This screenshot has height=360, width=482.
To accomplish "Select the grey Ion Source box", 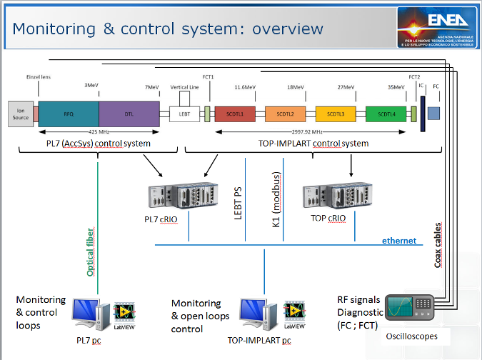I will pyautogui.click(x=20, y=114).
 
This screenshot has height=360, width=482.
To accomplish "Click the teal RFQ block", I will pyautogui.click(x=69, y=114).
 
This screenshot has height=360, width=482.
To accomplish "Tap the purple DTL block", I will pyautogui.click(x=129, y=114).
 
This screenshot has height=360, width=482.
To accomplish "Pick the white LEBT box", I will pyautogui.click(x=184, y=114).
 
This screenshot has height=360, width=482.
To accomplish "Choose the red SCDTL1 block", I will pyautogui.click(x=235, y=114).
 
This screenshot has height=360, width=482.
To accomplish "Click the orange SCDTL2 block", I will pyautogui.click(x=285, y=114).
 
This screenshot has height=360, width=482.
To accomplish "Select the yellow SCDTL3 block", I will pyautogui.click(x=336, y=114).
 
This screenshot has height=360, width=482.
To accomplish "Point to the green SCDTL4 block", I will pyautogui.click(x=386, y=114).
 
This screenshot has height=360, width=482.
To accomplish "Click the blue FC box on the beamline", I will pyautogui.click(x=433, y=113).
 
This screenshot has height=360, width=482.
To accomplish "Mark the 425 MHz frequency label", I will pyautogui.click(x=99, y=133).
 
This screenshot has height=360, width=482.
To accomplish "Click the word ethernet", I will pyautogui.click(x=398, y=241).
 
